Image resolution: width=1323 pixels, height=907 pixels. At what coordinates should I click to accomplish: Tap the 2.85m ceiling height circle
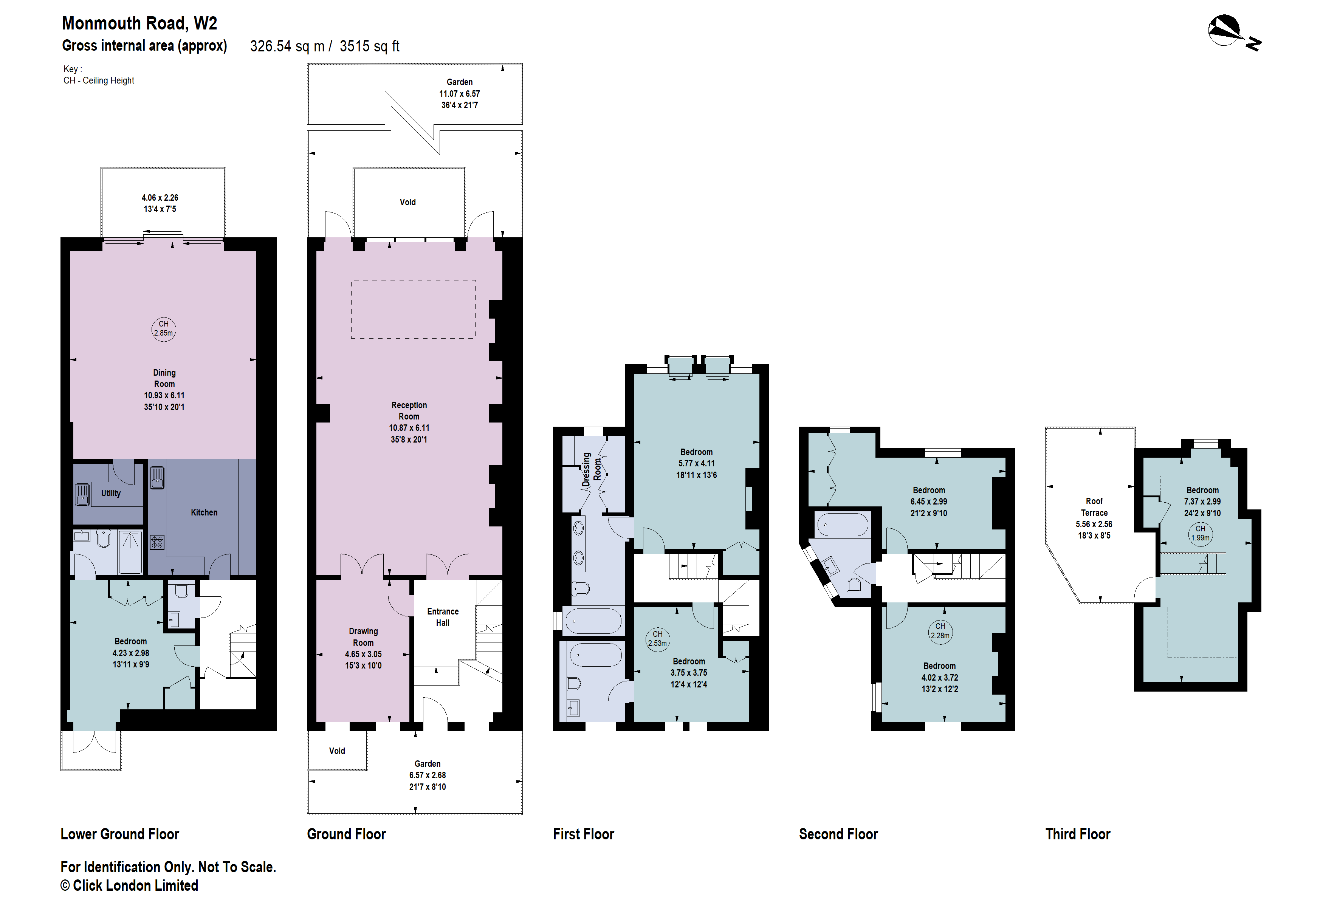click(x=163, y=329)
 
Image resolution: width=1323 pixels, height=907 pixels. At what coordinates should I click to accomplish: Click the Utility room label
click(x=111, y=493)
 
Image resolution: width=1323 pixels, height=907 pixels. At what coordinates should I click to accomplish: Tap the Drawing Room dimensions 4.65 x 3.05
click(x=363, y=654)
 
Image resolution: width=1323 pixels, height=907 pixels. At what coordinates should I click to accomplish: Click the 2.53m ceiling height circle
click(x=657, y=638)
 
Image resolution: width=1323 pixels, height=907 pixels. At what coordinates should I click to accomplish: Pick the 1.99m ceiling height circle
click(x=1200, y=533)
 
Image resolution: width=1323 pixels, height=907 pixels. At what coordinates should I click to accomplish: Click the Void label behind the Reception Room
click(x=407, y=202)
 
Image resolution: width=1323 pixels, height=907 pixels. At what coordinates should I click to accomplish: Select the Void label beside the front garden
click(x=337, y=751)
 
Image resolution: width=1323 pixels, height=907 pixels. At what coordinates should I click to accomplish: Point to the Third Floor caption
click(x=1078, y=834)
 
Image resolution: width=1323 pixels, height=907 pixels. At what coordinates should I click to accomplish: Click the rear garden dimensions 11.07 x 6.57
click(x=459, y=94)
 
